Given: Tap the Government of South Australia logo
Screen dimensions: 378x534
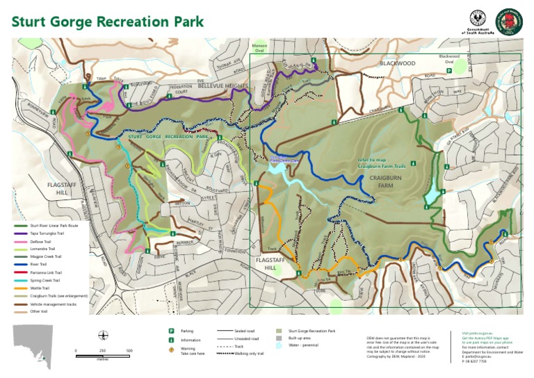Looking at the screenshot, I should click(478, 22).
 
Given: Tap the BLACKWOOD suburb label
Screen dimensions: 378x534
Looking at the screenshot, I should click(397, 63).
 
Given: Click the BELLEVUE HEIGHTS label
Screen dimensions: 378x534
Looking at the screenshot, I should click(222, 85).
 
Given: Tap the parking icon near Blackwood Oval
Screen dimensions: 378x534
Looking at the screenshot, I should click(449, 70).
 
